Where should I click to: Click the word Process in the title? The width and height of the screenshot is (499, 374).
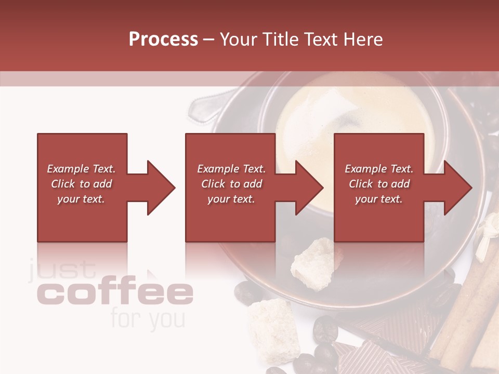click(x=163, y=39)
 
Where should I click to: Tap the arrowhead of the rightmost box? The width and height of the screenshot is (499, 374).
click(x=457, y=188)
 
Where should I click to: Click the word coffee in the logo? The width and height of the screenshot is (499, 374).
click(x=115, y=294)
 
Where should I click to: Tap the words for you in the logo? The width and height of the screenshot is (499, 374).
click(x=147, y=319)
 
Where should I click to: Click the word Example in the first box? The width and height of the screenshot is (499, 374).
click(x=68, y=169)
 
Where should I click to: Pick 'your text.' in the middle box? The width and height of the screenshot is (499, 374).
click(x=231, y=199)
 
